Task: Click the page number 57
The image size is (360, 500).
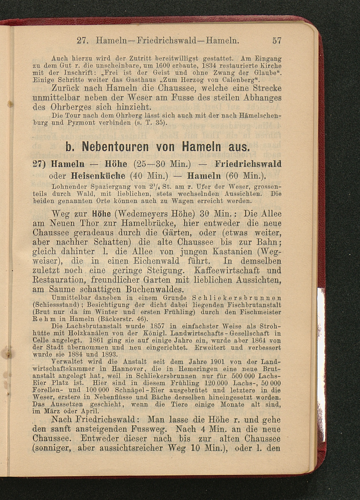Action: click(277, 41)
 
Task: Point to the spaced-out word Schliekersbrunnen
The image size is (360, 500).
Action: click(237, 298)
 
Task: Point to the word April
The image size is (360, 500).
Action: click(90, 411)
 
